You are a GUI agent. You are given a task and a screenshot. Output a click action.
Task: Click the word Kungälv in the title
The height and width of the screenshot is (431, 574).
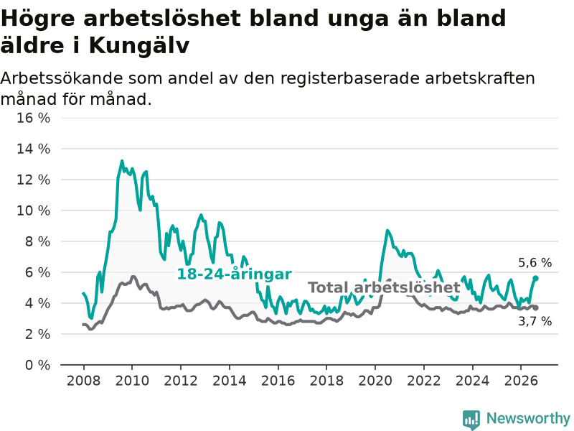138,47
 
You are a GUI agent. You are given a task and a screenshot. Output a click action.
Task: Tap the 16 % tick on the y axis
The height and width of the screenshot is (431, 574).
33,118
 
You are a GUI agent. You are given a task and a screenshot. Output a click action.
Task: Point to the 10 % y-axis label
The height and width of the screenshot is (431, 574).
33,210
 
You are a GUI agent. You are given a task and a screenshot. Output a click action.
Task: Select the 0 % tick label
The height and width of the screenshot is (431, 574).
37,365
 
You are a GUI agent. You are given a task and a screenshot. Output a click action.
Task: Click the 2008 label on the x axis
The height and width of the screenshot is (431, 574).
83,381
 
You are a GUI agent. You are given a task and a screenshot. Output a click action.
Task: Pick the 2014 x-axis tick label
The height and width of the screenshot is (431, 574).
230,381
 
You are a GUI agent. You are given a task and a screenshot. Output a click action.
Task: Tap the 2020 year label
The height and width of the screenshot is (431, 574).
375,381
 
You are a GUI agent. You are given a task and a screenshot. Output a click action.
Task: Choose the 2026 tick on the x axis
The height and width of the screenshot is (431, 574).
521,381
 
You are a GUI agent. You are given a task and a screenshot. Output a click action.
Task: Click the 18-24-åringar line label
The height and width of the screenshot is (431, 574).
235,274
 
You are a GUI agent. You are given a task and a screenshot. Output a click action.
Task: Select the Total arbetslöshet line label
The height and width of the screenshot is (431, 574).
384,288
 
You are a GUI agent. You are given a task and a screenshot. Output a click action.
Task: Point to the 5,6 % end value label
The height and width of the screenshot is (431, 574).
535,263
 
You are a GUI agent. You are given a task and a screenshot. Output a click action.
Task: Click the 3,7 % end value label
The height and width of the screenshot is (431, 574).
535,321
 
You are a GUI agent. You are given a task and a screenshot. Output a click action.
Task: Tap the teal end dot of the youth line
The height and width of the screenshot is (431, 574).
535,279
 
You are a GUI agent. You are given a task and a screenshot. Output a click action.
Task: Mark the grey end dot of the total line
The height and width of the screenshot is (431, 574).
535,308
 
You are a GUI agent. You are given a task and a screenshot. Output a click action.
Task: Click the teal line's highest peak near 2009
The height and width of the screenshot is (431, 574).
122,161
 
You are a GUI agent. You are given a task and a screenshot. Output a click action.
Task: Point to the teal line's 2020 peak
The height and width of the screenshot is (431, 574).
387,231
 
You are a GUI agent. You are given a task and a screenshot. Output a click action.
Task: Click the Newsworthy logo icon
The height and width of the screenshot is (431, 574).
471,419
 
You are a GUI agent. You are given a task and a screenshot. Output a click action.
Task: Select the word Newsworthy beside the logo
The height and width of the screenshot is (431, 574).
528,418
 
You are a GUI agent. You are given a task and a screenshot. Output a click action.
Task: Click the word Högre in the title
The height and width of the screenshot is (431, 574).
38,19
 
